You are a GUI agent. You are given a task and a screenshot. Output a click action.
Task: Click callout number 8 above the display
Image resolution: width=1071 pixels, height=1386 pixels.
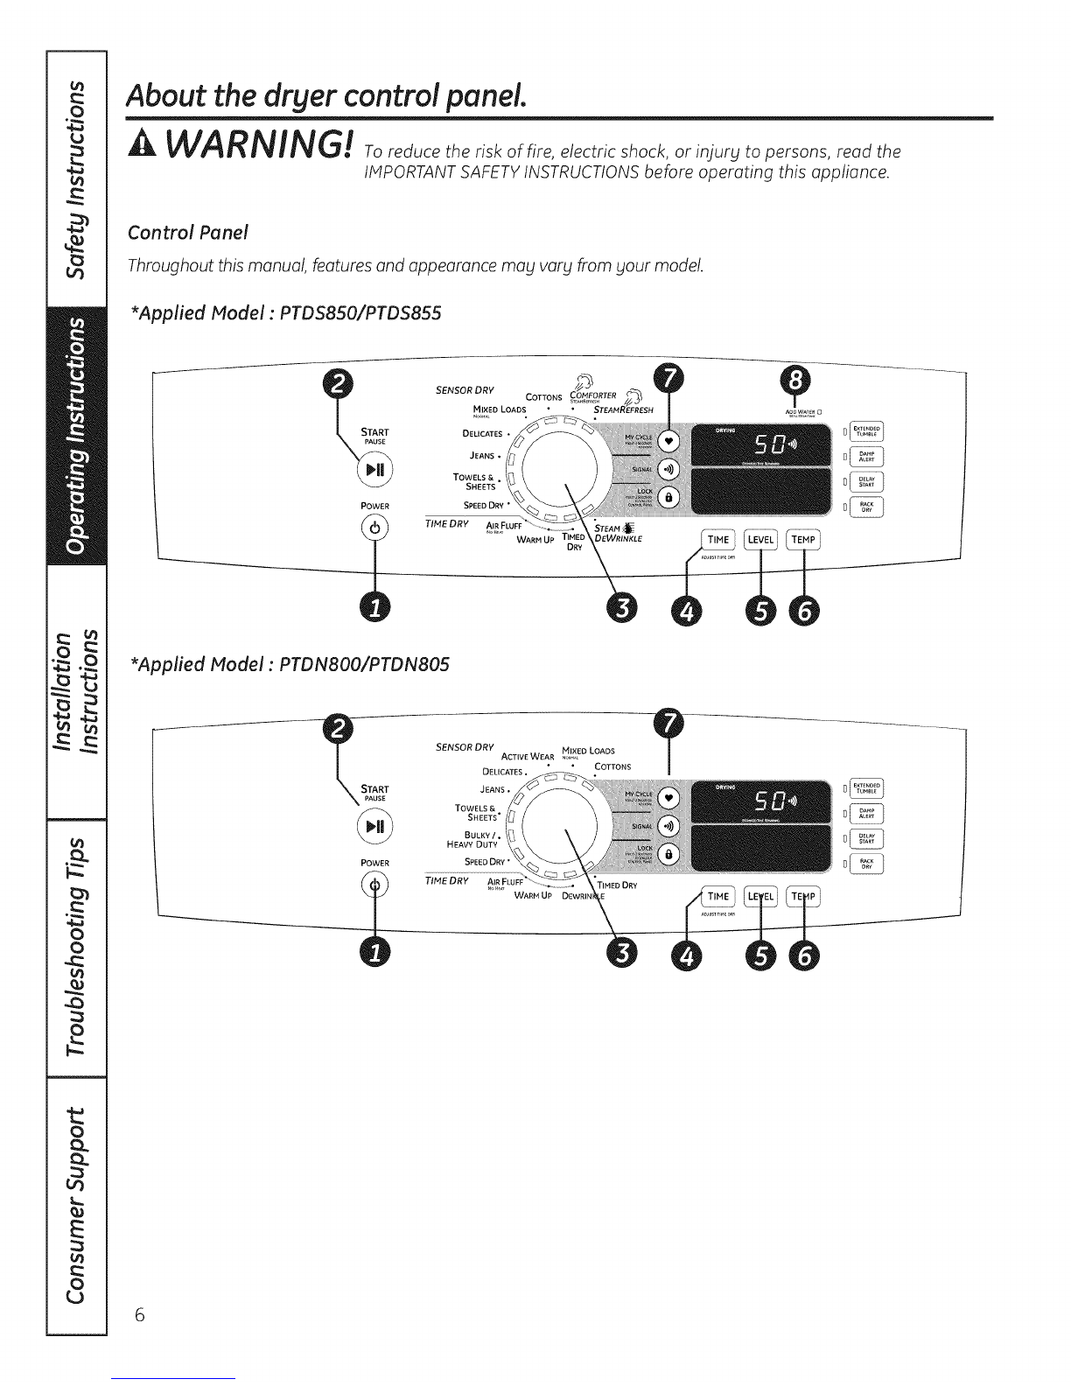point(795,381)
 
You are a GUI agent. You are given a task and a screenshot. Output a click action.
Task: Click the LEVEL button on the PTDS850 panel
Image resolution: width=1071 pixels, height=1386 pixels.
point(759,540)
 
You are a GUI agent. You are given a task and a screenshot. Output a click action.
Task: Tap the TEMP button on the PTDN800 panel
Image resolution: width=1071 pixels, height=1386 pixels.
point(802,897)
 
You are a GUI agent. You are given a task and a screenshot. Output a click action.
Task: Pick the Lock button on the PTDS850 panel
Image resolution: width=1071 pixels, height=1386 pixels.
point(668,497)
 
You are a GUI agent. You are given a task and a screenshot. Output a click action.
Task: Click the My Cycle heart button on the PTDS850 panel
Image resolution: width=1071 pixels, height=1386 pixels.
point(668,440)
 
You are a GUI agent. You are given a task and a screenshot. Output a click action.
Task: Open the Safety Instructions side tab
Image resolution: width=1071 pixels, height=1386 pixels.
point(53,175)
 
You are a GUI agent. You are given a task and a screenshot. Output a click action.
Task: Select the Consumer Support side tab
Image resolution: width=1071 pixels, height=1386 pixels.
point(53,1212)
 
